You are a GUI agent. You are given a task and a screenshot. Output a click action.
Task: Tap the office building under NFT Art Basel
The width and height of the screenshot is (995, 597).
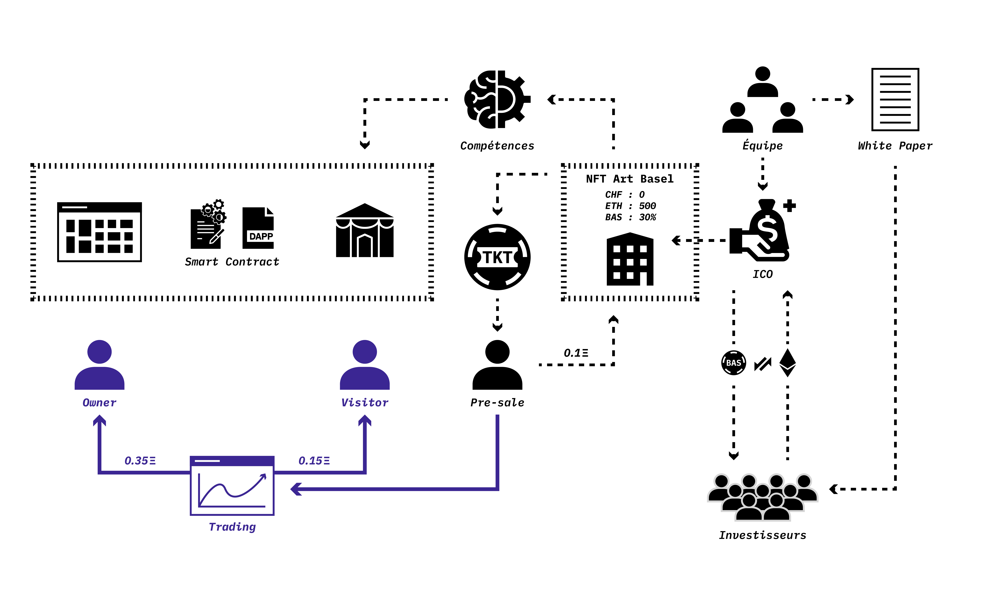pos(630,259)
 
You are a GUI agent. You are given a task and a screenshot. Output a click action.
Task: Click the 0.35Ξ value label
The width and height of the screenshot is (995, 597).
pos(140,461)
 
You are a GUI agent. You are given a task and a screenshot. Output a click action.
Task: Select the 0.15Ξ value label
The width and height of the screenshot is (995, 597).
pos(314,461)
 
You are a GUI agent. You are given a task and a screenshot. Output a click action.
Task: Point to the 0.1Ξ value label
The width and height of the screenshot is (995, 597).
pos(576,353)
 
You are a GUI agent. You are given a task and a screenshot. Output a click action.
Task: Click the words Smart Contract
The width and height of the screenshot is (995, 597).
pos(232,262)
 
